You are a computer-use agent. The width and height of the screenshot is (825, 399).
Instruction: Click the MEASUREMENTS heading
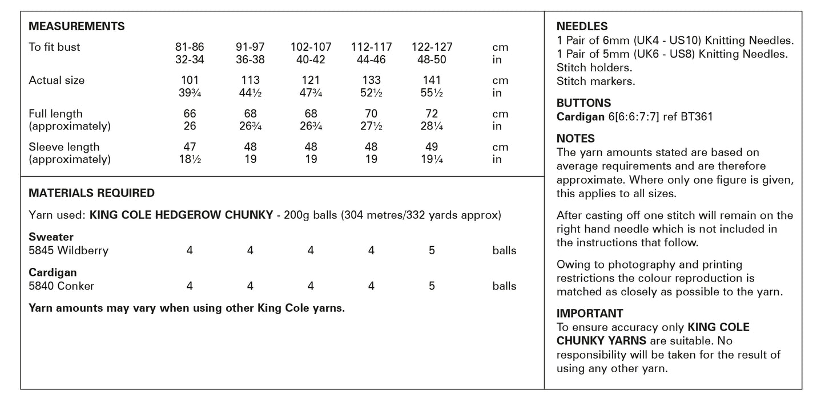(x=77, y=26)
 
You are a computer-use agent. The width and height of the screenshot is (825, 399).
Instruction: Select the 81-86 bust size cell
(x=190, y=47)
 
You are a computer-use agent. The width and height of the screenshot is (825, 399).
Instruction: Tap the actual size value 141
(x=432, y=80)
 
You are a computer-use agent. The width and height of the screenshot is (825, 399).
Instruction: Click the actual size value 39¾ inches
(x=190, y=93)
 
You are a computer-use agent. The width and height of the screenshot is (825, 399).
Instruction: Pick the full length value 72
(x=432, y=114)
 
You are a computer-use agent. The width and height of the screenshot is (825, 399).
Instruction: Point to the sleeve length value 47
(x=190, y=147)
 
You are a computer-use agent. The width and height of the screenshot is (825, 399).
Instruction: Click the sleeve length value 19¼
(x=432, y=160)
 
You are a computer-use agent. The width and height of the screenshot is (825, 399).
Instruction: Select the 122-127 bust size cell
(x=432, y=47)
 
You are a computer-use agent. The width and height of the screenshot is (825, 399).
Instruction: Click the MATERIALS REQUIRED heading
(x=91, y=193)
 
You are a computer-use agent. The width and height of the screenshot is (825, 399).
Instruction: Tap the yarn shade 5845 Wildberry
(x=69, y=250)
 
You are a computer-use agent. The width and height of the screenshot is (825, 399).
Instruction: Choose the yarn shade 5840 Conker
(x=62, y=286)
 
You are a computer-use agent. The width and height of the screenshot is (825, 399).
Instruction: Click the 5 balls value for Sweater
(x=432, y=250)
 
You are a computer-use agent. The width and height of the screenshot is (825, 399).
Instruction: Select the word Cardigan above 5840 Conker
(x=53, y=273)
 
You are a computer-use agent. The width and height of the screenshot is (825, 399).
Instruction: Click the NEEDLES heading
(x=582, y=26)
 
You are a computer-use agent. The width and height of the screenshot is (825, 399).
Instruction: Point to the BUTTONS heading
(x=583, y=103)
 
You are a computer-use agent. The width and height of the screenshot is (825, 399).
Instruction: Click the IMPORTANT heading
(x=590, y=313)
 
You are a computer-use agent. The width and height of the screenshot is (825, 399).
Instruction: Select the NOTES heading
(x=576, y=139)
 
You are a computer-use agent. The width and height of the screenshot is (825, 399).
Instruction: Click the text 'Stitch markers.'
(x=595, y=82)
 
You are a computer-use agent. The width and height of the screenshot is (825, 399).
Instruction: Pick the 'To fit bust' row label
(x=54, y=47)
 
